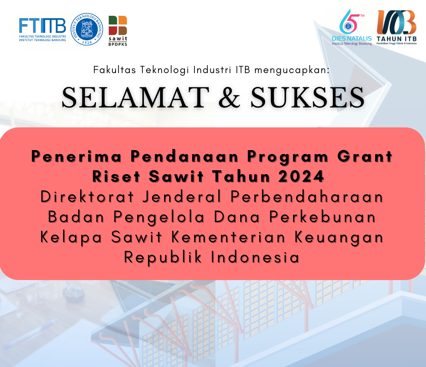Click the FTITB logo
pos(42,30)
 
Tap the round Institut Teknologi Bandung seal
pos(87,29)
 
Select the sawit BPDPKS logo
pos(118,31)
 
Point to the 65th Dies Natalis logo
pos(352,27)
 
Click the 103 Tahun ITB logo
pos(396,27)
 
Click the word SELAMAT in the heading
pos(135,98)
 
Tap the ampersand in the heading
pos(230,98)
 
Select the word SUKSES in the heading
pos(307,98)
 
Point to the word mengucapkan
pos(292,70)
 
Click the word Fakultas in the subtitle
pos(114,70)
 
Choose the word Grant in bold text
pos(365,156)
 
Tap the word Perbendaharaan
pos(307,197)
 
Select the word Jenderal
pos(182,197)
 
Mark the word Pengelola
pos(159,217)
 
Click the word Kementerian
pos(228,237)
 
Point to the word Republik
pos(163,258)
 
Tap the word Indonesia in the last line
pos(255,257)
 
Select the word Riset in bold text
pos(116,176)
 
